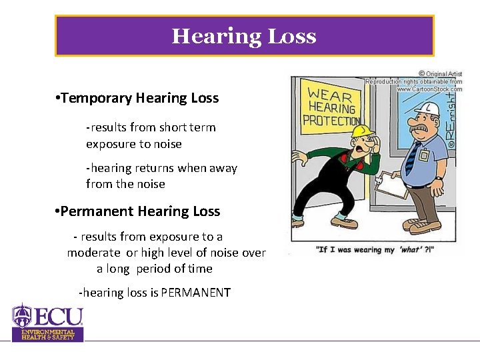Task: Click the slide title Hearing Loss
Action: pos(244,36)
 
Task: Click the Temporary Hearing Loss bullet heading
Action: pos(139,98)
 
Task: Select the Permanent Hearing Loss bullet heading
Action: pos(140,211)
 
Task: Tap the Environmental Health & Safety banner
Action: pos(47,335)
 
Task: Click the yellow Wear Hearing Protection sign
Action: pos(331,107)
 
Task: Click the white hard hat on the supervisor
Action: pos(426,109)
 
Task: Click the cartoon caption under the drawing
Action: pos(377,249)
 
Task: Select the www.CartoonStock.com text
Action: pos(429,89)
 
